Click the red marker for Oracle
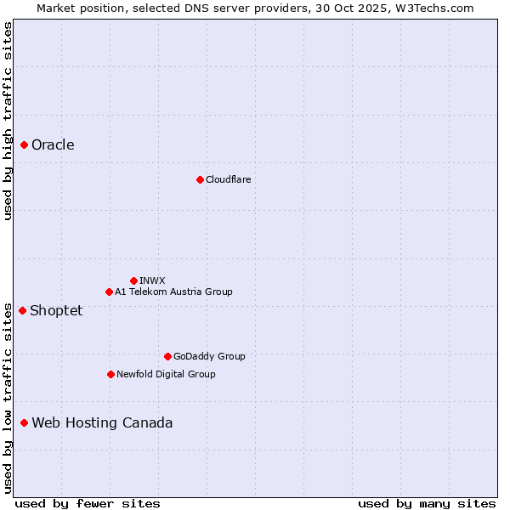(25, 144)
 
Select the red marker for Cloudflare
(200, 179)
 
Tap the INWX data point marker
(133, 280)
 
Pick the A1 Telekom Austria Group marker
(109, 292)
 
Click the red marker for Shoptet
(23, 310)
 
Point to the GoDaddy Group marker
(167, 356)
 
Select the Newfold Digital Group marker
(110, 374)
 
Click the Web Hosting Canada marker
(25, 422)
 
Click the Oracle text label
(53, 144)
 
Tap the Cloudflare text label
(228, 179)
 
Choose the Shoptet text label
(56, 310)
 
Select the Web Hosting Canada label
(102, 422)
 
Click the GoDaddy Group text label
(208, 356)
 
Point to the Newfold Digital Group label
(166, 374)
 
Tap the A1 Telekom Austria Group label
(173, 292)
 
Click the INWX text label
(152, 280)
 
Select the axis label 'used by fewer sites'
(88, 503)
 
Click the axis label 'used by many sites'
(427, 503)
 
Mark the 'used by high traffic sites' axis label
(8, 121)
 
